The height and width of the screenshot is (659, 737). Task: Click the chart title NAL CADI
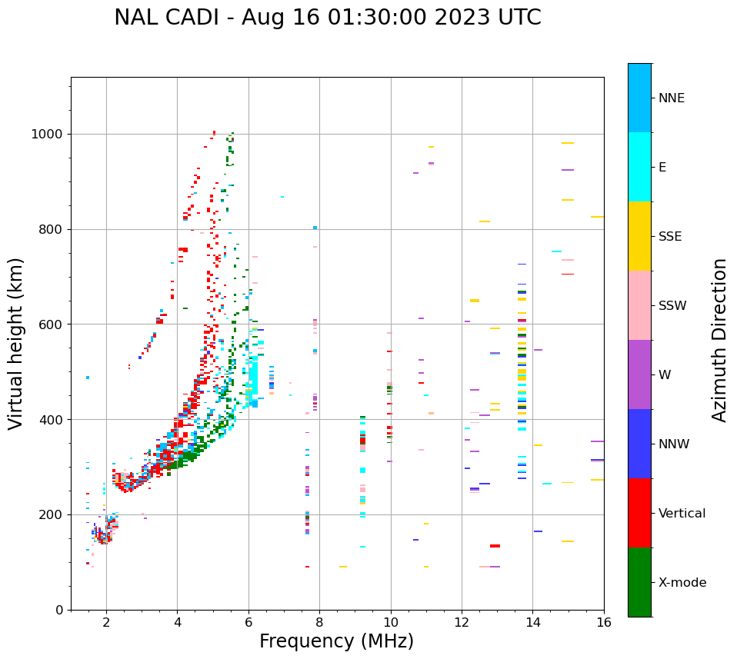pyautogui.click(x=327, y=18)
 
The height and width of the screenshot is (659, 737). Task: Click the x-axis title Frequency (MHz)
pyautogui.click(x=336, y=641)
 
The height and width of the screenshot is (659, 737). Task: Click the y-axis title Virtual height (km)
pyautogui.click(x=16, y=343)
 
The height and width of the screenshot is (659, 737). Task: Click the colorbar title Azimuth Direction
pyautogui.click(x=719, y=340)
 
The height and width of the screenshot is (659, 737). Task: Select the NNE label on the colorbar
pyautogui.click(x=672, y=98)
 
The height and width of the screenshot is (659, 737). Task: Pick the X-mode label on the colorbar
pyautogui.click(x=682, y=583)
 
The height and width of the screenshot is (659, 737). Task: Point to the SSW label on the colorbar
pyautogui.click(x=672, y=306)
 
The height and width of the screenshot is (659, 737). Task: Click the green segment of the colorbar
pyautogui.click(x=639, y=582)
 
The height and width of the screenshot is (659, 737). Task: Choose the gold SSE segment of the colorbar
pyautogui.click(x=639, y=236)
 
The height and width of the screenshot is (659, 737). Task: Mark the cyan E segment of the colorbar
pyautogui.click(x=639, y=167)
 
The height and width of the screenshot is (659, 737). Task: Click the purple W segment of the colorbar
pyautogui.click(x=639, y=374)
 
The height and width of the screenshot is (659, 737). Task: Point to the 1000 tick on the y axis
pyautogui.click(x=48, y=135)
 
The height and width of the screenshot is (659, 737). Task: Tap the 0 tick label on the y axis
pyautogui.click(x=58, y=610)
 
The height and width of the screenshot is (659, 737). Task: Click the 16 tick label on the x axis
pyautogui.click(x=603, y=622)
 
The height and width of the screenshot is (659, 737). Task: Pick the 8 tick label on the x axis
pyautogui.click(x=319, y=622)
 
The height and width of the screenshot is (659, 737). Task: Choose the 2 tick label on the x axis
pyautogui.click(x=106, y=622)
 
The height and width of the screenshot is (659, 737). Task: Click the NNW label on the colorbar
pyautogui.click(x=674, y=444)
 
